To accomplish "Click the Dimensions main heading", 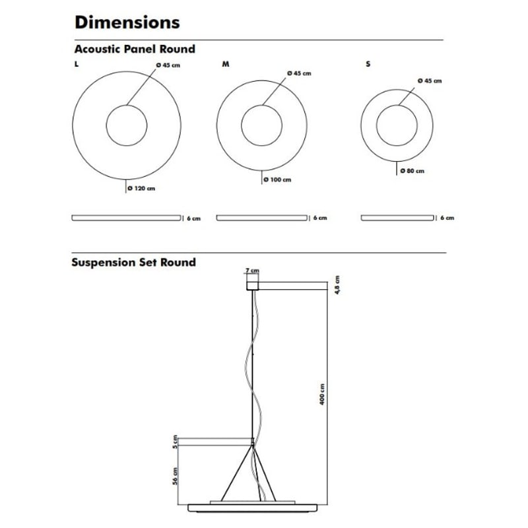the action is click(x=127, y=22).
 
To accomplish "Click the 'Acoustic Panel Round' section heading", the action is click(x=135, y=49).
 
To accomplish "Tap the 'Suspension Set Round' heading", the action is click(x=134, y=262).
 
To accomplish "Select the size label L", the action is click(x=77, y=64).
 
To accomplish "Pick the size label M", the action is click(x=226, y=64).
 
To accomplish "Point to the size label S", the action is click(x=368, y=64).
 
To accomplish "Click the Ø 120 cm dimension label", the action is click(x=141, y=188).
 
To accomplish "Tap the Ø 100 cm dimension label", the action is click(x=277, y=180).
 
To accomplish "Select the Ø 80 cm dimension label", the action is click(x=412, y=171).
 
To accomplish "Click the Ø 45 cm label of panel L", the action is click(x=168, y=65).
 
